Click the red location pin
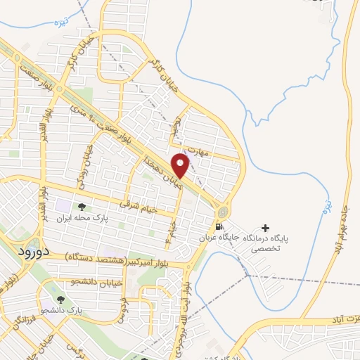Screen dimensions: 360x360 tap(181, 165)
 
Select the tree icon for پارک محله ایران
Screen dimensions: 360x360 tap(82, 207)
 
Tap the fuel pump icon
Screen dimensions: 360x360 tap(219, 226)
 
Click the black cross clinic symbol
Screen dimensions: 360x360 tap(265, 227)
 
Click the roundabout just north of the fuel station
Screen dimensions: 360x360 tap(223, 211)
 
